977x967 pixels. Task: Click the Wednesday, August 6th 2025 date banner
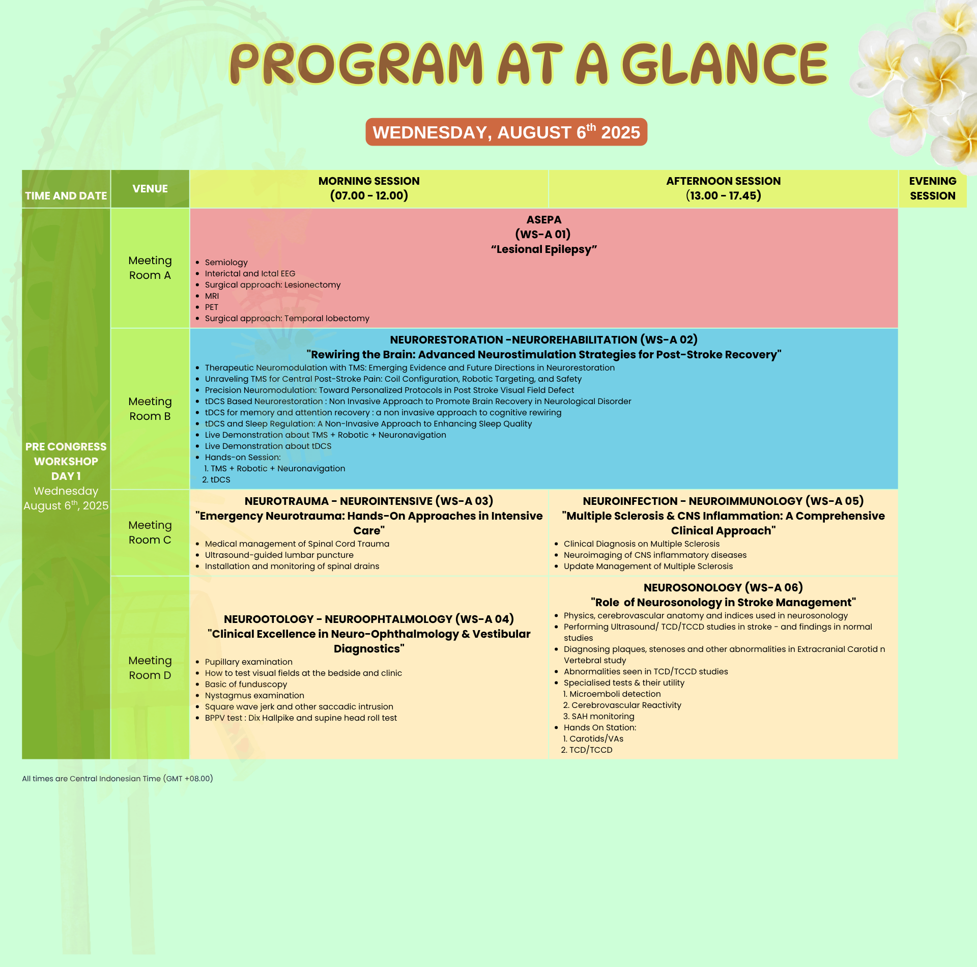506,132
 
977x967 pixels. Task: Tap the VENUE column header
150,189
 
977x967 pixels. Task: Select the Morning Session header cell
369,188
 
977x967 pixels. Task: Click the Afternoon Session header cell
723,188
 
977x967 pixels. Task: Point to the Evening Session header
933,188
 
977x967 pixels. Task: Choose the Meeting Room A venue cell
150,268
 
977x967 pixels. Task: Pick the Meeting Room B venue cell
150,409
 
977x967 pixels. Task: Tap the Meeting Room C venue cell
150,532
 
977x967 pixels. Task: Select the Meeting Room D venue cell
150,668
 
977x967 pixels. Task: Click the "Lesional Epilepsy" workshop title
544,249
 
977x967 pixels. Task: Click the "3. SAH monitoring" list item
599,717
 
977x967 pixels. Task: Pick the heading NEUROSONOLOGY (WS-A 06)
723,588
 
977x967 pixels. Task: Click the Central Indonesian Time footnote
118,779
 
